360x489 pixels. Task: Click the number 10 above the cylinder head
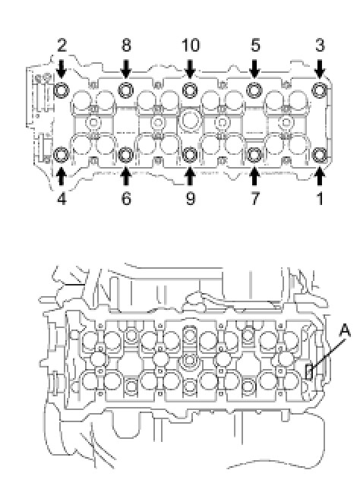[191, 46]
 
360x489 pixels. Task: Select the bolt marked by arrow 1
[320, 155]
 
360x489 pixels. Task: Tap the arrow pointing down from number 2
[62, 68]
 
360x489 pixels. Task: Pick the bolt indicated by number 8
[126, 90]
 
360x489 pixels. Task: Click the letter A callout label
[344, 331]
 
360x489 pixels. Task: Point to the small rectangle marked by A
[308, 372]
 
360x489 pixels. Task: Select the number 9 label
[191, 198]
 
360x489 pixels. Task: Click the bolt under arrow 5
[254, 90]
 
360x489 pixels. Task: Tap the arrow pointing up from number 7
[254, 176]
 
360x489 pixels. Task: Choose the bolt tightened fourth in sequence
[62, 155]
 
